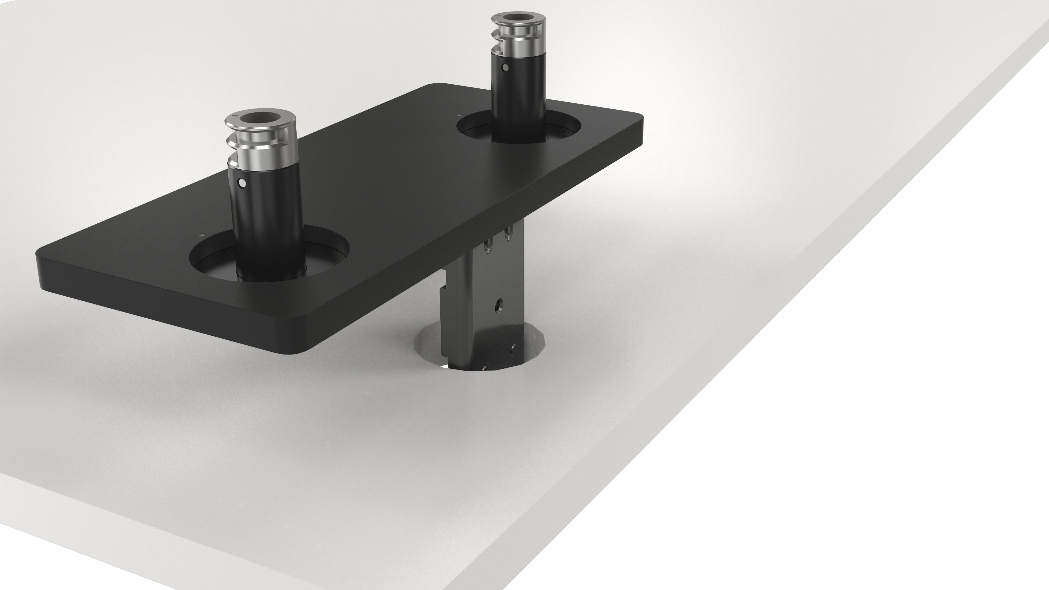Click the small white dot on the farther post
(x=505, y=67)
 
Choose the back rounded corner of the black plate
(x=434, y=86)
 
